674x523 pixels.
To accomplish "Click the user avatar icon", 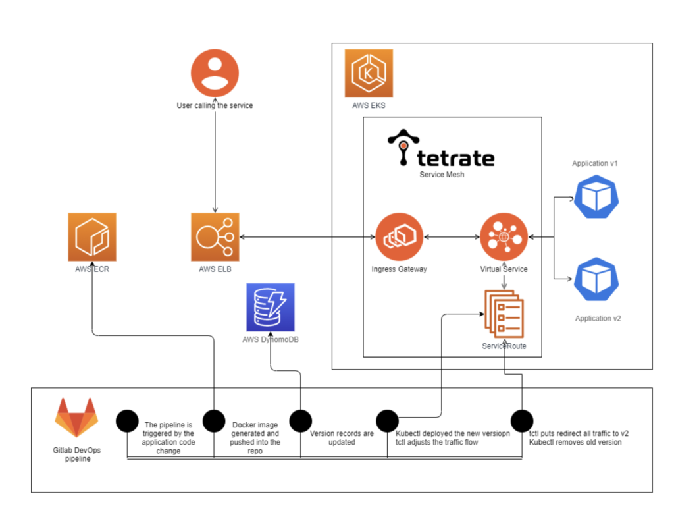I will click(x=215, y=73).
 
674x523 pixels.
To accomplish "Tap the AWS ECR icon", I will click(x=92, y=236).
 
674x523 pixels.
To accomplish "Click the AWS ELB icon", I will click(x=215, y=236).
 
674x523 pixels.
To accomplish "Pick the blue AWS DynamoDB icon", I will click(x=271, y=307).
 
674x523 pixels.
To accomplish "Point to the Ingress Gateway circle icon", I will click(x=399, y=236).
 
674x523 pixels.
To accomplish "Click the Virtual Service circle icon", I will click(x=504, y=236).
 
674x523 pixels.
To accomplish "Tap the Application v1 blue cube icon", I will click(x=596, y=196).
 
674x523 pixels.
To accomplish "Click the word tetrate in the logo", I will click(x=455, y=158).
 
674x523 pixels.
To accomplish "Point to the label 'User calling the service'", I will click(x=215, y=105).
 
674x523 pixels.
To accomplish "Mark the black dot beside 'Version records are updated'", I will click(x=300, y=421).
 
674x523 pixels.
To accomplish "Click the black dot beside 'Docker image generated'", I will click(x=214, y=421).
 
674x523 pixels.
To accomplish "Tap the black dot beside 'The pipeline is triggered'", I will click(x=126, y=421).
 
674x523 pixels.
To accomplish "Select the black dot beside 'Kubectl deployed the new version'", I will click(x=387, y=421).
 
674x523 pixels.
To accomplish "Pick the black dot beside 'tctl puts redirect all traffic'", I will click(x=521, y=421).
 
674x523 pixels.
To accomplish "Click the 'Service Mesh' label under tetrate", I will click(x=442, y=175).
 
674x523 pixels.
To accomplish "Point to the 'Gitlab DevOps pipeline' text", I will click(x=72, y=454).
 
